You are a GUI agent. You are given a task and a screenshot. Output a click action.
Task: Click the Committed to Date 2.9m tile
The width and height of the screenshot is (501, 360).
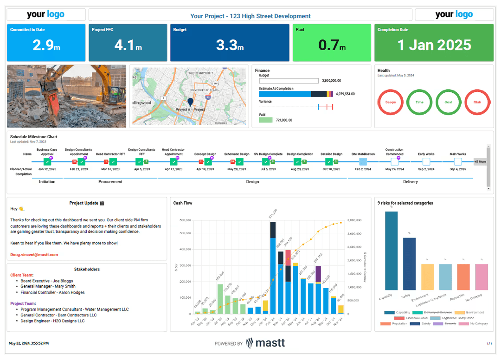pos(45,42)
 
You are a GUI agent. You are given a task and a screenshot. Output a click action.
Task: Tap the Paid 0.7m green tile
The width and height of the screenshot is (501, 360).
pos(332,42)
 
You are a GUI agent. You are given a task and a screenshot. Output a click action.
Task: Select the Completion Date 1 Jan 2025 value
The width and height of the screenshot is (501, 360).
pos(434,45)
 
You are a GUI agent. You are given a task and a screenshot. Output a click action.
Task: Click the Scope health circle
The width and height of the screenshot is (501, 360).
pos(391,102)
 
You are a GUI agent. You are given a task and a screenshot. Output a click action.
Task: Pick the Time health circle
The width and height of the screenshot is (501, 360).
pos(419,102)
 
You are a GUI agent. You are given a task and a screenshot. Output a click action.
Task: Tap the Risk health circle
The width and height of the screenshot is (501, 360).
pos(477,102)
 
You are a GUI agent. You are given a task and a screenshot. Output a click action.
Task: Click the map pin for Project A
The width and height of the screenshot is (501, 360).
pos(190,102)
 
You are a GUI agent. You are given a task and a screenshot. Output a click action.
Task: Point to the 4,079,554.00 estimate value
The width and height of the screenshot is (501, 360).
pos(345,94)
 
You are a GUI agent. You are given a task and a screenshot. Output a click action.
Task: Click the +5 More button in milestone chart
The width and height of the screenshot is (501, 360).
pos(480,162)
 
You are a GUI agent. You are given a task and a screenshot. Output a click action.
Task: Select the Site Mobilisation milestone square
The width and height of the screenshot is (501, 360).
pos(363,161)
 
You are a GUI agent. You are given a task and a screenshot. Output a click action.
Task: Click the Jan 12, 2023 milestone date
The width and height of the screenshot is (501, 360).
pos(47,169)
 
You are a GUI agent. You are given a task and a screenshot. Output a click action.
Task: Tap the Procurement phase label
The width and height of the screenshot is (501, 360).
pos(110,182)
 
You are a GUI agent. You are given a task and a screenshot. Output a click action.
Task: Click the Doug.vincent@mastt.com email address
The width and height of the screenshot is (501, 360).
pos(34,255)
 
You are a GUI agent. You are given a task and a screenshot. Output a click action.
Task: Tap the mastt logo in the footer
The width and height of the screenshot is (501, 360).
pos(265,343)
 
